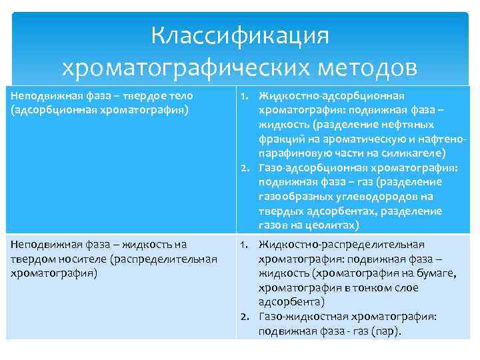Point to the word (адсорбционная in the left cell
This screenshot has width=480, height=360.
48,109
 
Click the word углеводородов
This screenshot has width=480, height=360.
369,197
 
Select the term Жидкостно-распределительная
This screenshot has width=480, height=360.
341,244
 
